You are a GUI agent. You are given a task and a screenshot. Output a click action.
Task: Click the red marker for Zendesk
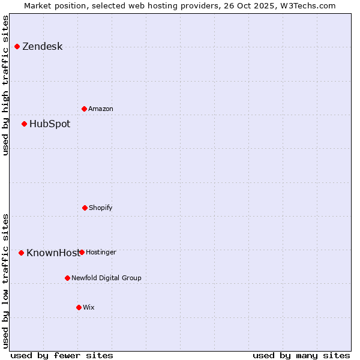coord(17,46)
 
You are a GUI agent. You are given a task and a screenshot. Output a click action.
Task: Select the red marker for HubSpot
coord(24,124)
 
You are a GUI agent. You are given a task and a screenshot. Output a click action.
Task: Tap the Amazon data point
coord(84,109)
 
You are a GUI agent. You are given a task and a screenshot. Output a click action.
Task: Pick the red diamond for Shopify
coord(85,208)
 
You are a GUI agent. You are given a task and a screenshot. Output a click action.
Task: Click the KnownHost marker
coord(21,253)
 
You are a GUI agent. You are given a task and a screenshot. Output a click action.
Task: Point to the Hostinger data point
coord(82,252)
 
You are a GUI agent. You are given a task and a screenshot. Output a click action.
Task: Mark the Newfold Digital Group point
coord(67,278)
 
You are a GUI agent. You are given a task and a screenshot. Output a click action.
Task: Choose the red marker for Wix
coord(79,307)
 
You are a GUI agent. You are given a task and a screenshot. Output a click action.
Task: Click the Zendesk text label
coord(42,47)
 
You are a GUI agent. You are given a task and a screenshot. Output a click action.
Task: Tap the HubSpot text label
coord(50,124)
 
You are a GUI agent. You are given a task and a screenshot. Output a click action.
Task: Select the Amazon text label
coord(101,109)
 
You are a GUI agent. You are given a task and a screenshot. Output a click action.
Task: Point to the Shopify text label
coord(101,208)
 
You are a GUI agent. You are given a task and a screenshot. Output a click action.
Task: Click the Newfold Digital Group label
coord(106,278)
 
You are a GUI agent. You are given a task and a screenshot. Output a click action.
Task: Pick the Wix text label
coord(89,308)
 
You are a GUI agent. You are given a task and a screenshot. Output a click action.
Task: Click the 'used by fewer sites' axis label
coord(62,355)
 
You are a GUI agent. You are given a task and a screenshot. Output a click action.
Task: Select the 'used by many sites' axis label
coord(301,355)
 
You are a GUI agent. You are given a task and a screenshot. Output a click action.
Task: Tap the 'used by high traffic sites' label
coord(6,85)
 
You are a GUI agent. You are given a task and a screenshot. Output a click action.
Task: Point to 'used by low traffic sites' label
coord(6,280)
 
